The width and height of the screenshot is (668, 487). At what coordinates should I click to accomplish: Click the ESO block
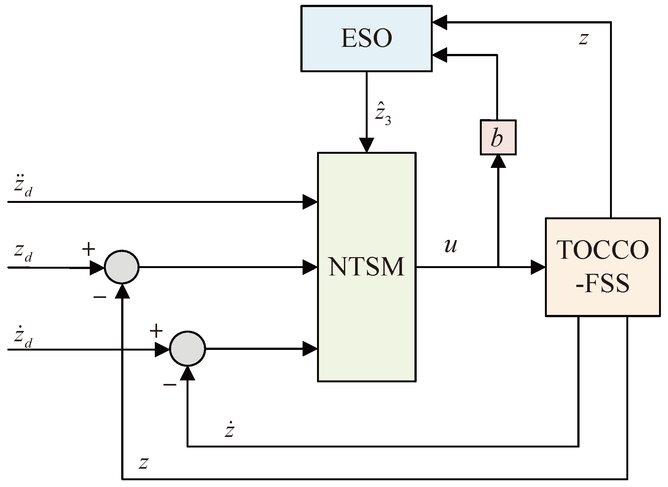tap(366, 39)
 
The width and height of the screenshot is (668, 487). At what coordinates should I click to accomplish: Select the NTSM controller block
tap(367, 267)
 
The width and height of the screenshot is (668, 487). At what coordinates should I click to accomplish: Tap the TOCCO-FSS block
tap(603, 267)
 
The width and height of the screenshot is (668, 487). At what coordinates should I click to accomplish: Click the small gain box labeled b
tap(498, 137)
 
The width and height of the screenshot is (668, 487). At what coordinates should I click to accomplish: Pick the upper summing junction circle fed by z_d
tap(122, 267)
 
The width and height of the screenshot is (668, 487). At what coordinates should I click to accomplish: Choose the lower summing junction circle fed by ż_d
tap(188, 348)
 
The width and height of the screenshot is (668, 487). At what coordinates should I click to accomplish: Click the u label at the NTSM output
tap(451, 246)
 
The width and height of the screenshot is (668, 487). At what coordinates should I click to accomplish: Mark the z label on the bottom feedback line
tap(143, 463)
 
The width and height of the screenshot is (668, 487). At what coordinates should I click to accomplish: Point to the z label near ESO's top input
tap(583, 39)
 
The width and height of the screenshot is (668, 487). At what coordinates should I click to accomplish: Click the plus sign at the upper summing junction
tap(89, 249)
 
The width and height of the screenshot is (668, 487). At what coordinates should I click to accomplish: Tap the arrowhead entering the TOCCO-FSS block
tap(539, 267)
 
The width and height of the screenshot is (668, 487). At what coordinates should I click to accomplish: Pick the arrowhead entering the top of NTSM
tap(366, 145)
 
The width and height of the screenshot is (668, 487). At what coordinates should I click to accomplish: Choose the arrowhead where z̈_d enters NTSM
tap(310, 202)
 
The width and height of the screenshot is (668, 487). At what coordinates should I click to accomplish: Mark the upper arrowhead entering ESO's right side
tap(439, 22)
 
